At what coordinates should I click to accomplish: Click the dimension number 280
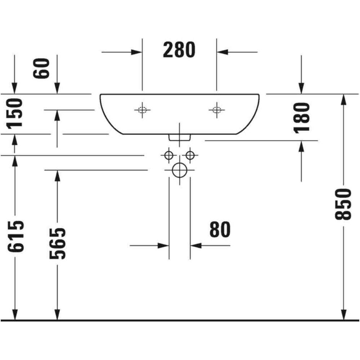[179, 50]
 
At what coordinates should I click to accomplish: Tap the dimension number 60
[41, 68]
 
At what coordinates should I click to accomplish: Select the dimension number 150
[14, 113]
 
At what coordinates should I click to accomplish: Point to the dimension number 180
[302, 118]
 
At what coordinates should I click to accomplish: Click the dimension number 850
[343, 204]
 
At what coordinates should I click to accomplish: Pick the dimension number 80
[220, 229]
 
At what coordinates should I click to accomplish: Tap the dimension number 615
[15, 237]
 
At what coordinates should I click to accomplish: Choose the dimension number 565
[57, 244]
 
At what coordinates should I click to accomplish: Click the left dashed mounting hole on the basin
[142, 110]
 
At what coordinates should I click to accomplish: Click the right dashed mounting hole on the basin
[217, 110]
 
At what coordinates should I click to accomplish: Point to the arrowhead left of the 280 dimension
[136, 52]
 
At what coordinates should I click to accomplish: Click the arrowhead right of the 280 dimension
[222, 52]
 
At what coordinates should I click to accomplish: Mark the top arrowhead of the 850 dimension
[343, 100]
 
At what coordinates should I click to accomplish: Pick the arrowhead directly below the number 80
[196, 246]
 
